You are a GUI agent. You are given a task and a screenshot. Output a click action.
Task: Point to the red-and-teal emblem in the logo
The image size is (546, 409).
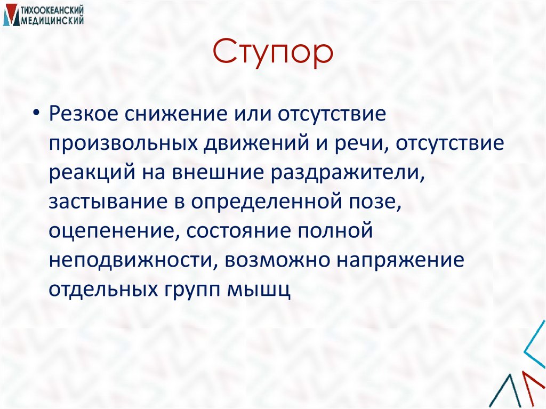pos(10,15)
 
